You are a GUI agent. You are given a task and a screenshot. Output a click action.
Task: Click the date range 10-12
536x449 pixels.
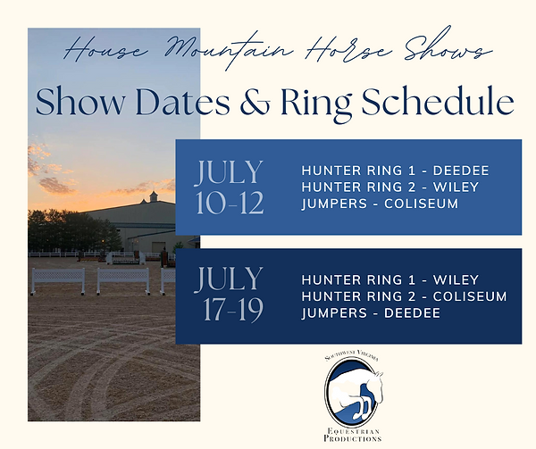(230, 204)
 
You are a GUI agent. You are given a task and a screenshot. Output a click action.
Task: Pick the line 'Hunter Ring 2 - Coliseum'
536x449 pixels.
(404, 296)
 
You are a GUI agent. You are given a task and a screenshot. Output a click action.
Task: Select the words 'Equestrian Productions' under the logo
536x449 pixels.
(355, 433)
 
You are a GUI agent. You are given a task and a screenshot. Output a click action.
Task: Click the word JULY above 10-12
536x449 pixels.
(230, 171)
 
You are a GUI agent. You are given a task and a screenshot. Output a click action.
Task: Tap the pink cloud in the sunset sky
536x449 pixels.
(54, 184)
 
